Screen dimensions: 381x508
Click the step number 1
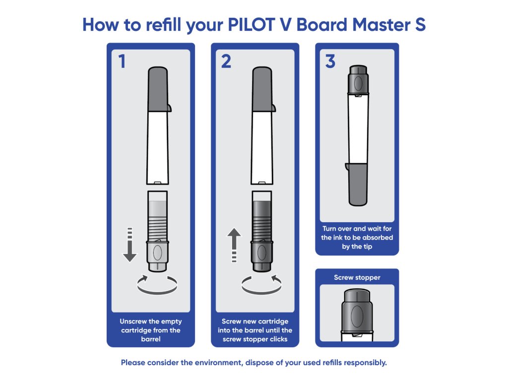coord(122,62)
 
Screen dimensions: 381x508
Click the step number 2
coord(226,62)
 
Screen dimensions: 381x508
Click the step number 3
coord(330,62)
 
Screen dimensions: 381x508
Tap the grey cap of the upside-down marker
coord(357,184)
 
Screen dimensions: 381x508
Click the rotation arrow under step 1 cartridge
coord(158,285)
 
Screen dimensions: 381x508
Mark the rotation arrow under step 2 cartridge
coord(262,285)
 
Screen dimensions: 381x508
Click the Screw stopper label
coord(357,277)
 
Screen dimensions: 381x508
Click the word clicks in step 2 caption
coord(275,339)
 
